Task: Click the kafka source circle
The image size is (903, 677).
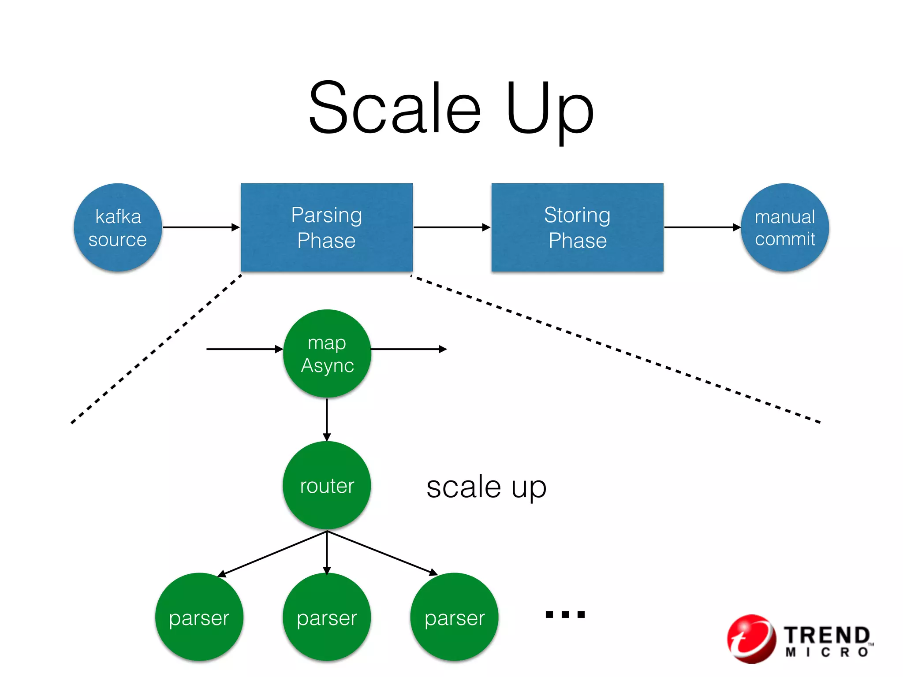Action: coord(118,227)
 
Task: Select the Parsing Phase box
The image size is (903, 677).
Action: coord(327,227)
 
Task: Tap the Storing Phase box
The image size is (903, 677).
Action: coord(577,227)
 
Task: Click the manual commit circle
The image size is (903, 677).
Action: coord(785,227)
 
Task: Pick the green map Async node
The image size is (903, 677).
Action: coord(327,353)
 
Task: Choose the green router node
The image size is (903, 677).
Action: coord(327,485)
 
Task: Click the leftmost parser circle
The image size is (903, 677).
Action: coord(199,617)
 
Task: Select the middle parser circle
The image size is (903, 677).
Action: coord(327,617)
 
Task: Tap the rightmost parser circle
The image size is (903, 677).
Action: coord(454,617)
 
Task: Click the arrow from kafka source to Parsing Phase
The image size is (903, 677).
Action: coord(201,227)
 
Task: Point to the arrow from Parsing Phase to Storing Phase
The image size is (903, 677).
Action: coord(451,227)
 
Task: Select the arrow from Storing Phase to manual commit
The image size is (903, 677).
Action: coord(702,227)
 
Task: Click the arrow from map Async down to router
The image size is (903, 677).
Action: coord(327,419)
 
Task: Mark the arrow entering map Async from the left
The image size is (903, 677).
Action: coord(244,349)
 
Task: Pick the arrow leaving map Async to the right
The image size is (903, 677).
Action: coord(408,349)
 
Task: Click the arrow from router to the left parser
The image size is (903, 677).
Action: coord(272,554)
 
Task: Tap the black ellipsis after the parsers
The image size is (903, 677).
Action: coord(565,614)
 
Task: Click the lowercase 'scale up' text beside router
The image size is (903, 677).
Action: coord(486,487)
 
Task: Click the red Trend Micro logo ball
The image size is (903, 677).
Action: coord(751,639)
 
